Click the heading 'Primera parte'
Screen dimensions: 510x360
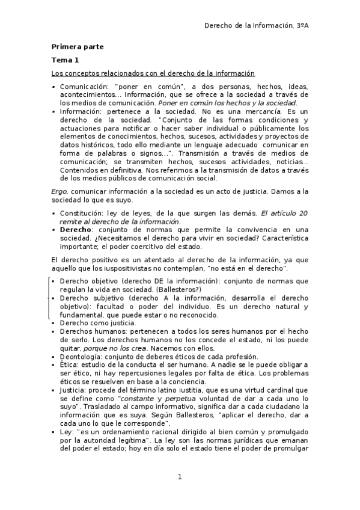pos(77,46)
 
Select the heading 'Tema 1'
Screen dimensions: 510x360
pos(64,60)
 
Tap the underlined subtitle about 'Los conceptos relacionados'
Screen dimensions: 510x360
pos(153,73)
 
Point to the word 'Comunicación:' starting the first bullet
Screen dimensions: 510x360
pos(84,87)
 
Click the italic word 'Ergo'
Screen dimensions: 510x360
pos(58,191)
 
